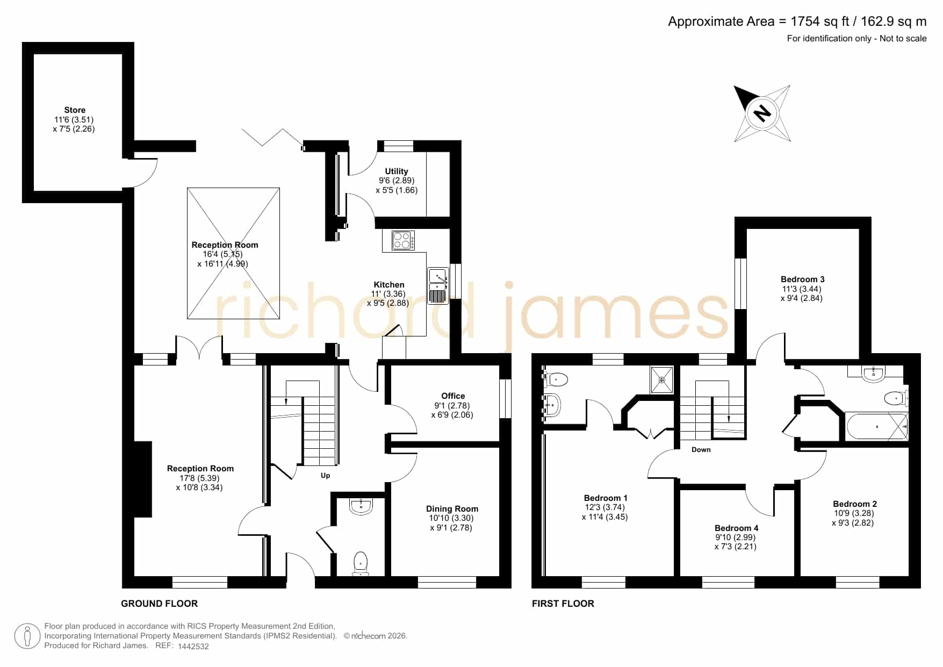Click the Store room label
tap(75, 110)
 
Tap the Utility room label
tap(397, 171)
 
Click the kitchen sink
tap(438, 286)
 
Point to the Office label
tap(453, 396)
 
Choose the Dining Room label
tap(452, 508)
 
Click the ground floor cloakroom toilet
tap(361, 564)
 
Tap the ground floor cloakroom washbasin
tap(361, 506)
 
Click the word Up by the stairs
tap(326, 476)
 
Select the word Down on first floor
tap(701, 449)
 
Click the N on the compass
tap(761, 113)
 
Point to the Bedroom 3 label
tap(802, 279)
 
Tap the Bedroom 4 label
tap(736, 528)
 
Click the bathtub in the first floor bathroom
tap(877, 427)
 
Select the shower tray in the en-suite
tap(661, 379)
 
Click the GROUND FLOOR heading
tap(159, 604)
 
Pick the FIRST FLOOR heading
tap(563, 604)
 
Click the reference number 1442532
tap(193, 647)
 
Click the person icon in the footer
tap(27, 636)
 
